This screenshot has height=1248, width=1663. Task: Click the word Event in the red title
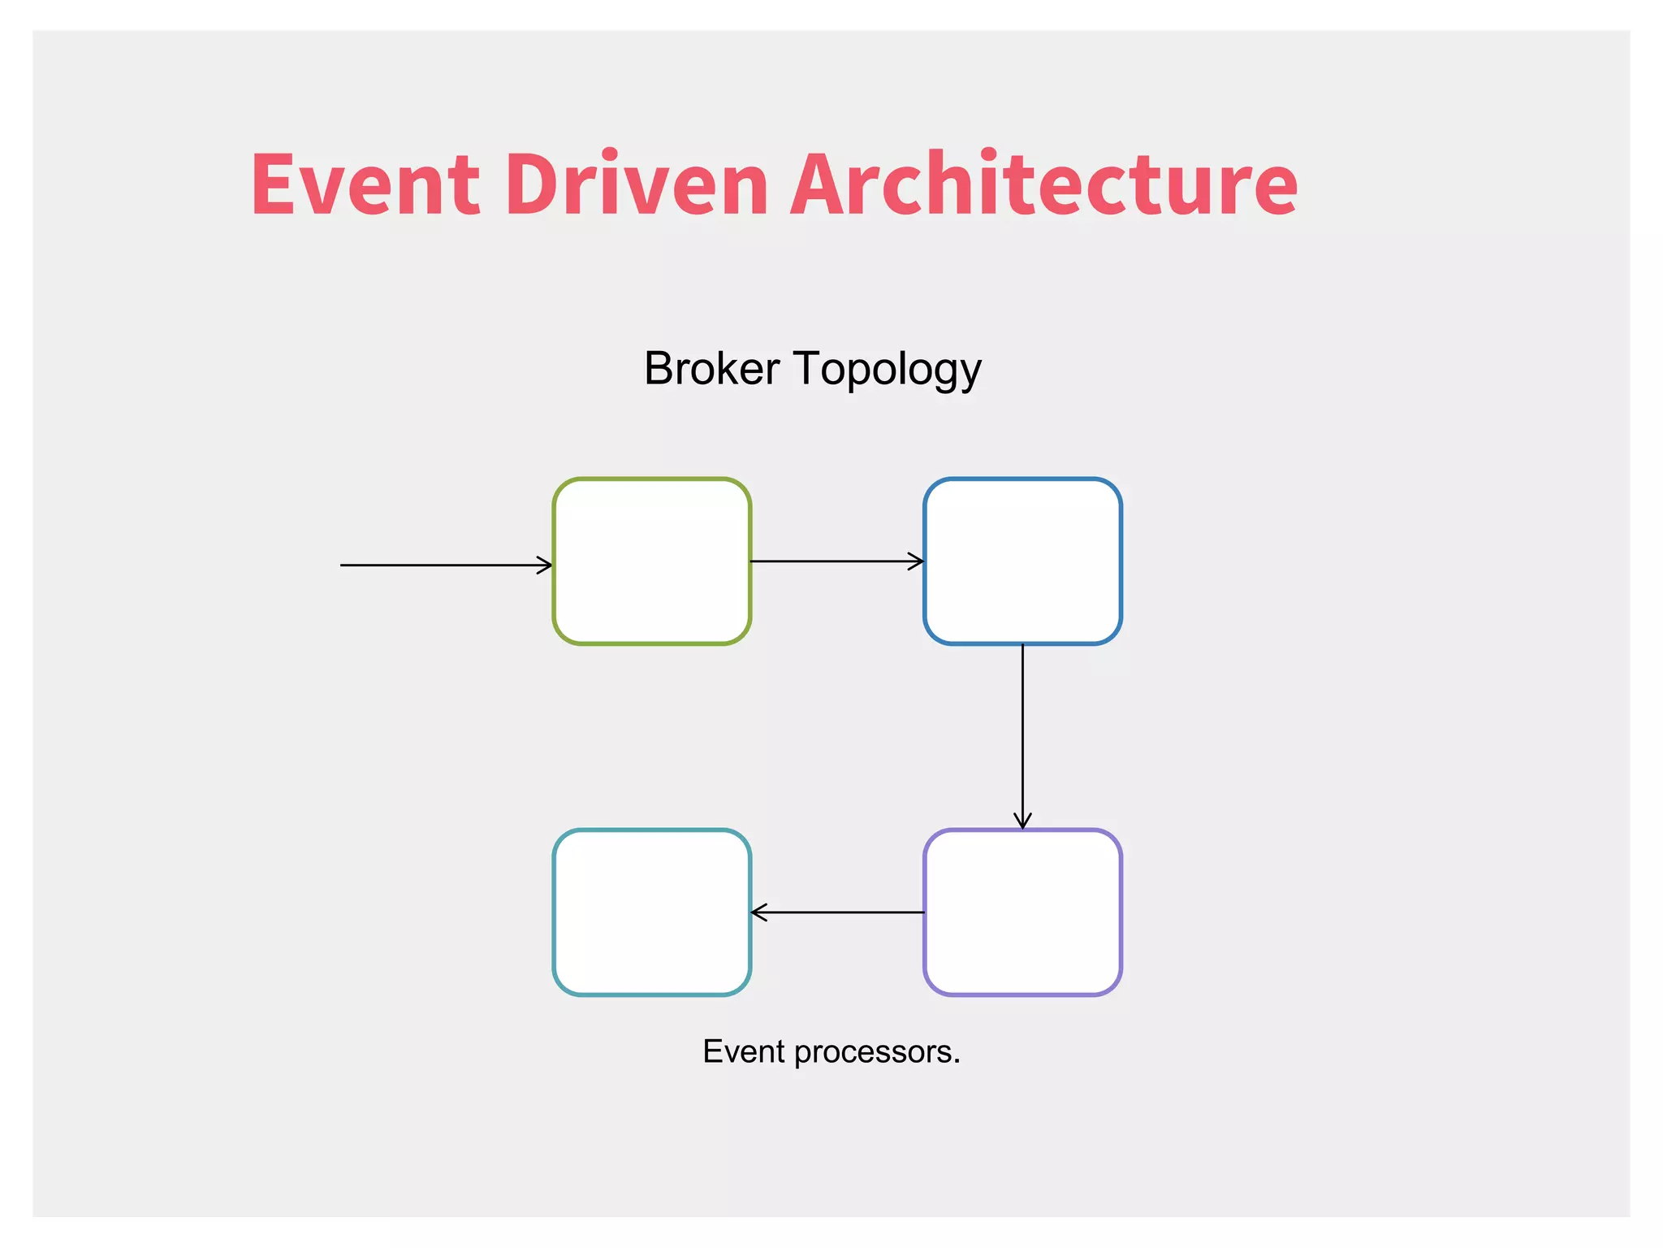365,184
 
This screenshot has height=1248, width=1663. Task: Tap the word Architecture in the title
1043,184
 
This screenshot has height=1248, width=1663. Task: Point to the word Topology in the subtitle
888,370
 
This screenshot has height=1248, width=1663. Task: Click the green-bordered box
652,561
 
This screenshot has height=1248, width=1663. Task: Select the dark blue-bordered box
1022,561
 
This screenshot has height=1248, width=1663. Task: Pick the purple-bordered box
1022,912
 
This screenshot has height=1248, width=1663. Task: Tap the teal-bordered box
652,912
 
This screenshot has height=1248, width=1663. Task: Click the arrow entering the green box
438,565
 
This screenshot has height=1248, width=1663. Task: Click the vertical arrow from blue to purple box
1022,731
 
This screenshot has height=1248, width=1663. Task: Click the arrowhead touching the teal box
758,912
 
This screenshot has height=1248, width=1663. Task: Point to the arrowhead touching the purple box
1022,821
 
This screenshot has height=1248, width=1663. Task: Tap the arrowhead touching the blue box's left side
916,561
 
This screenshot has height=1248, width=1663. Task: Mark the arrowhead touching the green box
545,565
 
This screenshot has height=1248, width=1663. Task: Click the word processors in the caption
878,1052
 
